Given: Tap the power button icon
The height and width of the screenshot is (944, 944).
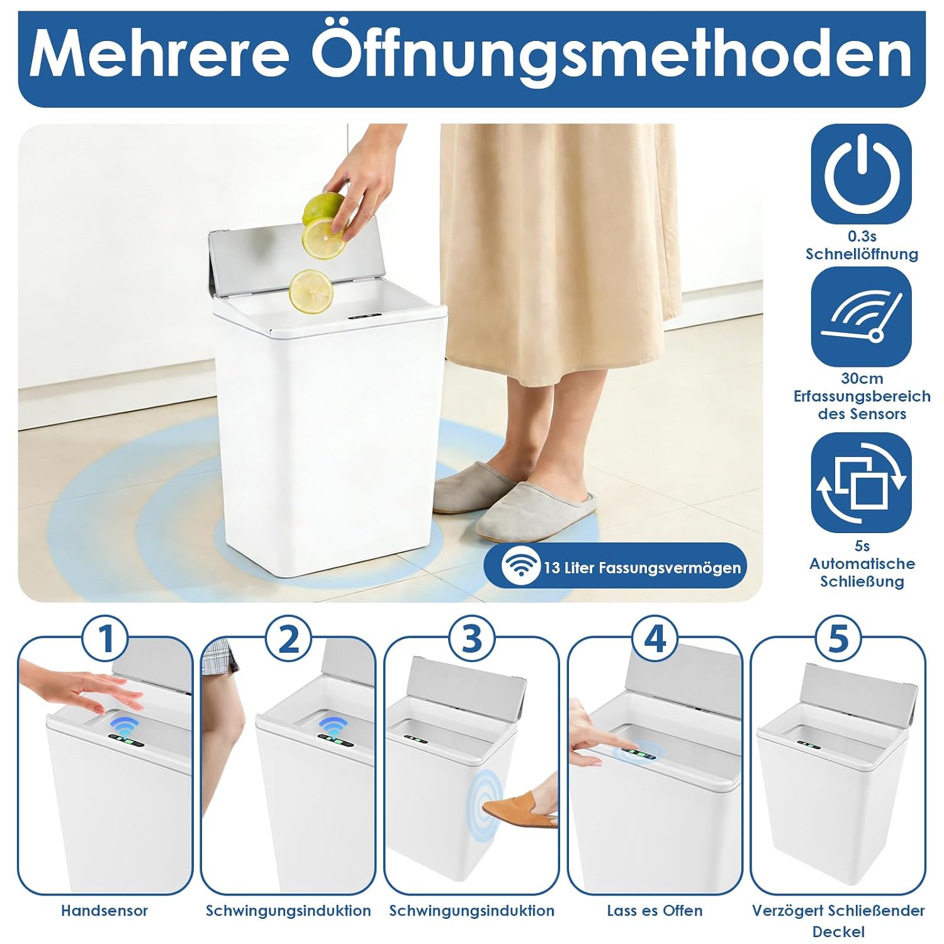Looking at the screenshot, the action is tap(861, 174).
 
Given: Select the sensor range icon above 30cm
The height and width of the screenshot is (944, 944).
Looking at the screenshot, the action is tap(861, 317).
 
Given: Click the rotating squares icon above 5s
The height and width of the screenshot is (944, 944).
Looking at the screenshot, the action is tap(861, 483).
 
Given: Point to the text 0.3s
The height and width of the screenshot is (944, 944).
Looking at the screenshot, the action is tap(862, 237).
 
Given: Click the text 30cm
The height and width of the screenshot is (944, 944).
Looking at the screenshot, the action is tap(862, 379).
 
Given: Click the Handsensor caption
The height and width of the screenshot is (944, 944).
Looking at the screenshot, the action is tap(104, 911).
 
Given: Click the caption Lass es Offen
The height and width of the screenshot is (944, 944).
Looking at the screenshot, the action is tap(655, 911).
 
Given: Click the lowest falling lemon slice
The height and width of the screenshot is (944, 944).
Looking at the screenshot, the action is tap(310, 291).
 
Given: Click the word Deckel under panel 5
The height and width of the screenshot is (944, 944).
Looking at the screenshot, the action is tap(838, 932).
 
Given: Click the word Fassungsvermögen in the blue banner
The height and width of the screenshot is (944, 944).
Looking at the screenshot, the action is tap(670, 568).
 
